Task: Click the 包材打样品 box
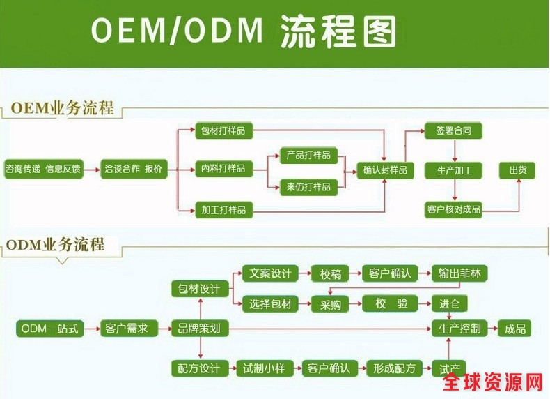pos(223,130)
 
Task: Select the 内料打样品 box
pos(223,168)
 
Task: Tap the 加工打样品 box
pos(223,209)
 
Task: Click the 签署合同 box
pos(454,130)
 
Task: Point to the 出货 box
pos(518,170)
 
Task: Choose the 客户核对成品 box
pos(453,209)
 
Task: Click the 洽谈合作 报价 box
pos(134,168)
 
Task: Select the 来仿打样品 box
pos(308,186)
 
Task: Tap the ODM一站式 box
pos(52,328)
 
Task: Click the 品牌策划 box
pos(199,328)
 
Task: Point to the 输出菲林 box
pos(459,273)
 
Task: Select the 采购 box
pos(331,304)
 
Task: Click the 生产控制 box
pos(459,328)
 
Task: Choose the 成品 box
pos(515,328)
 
